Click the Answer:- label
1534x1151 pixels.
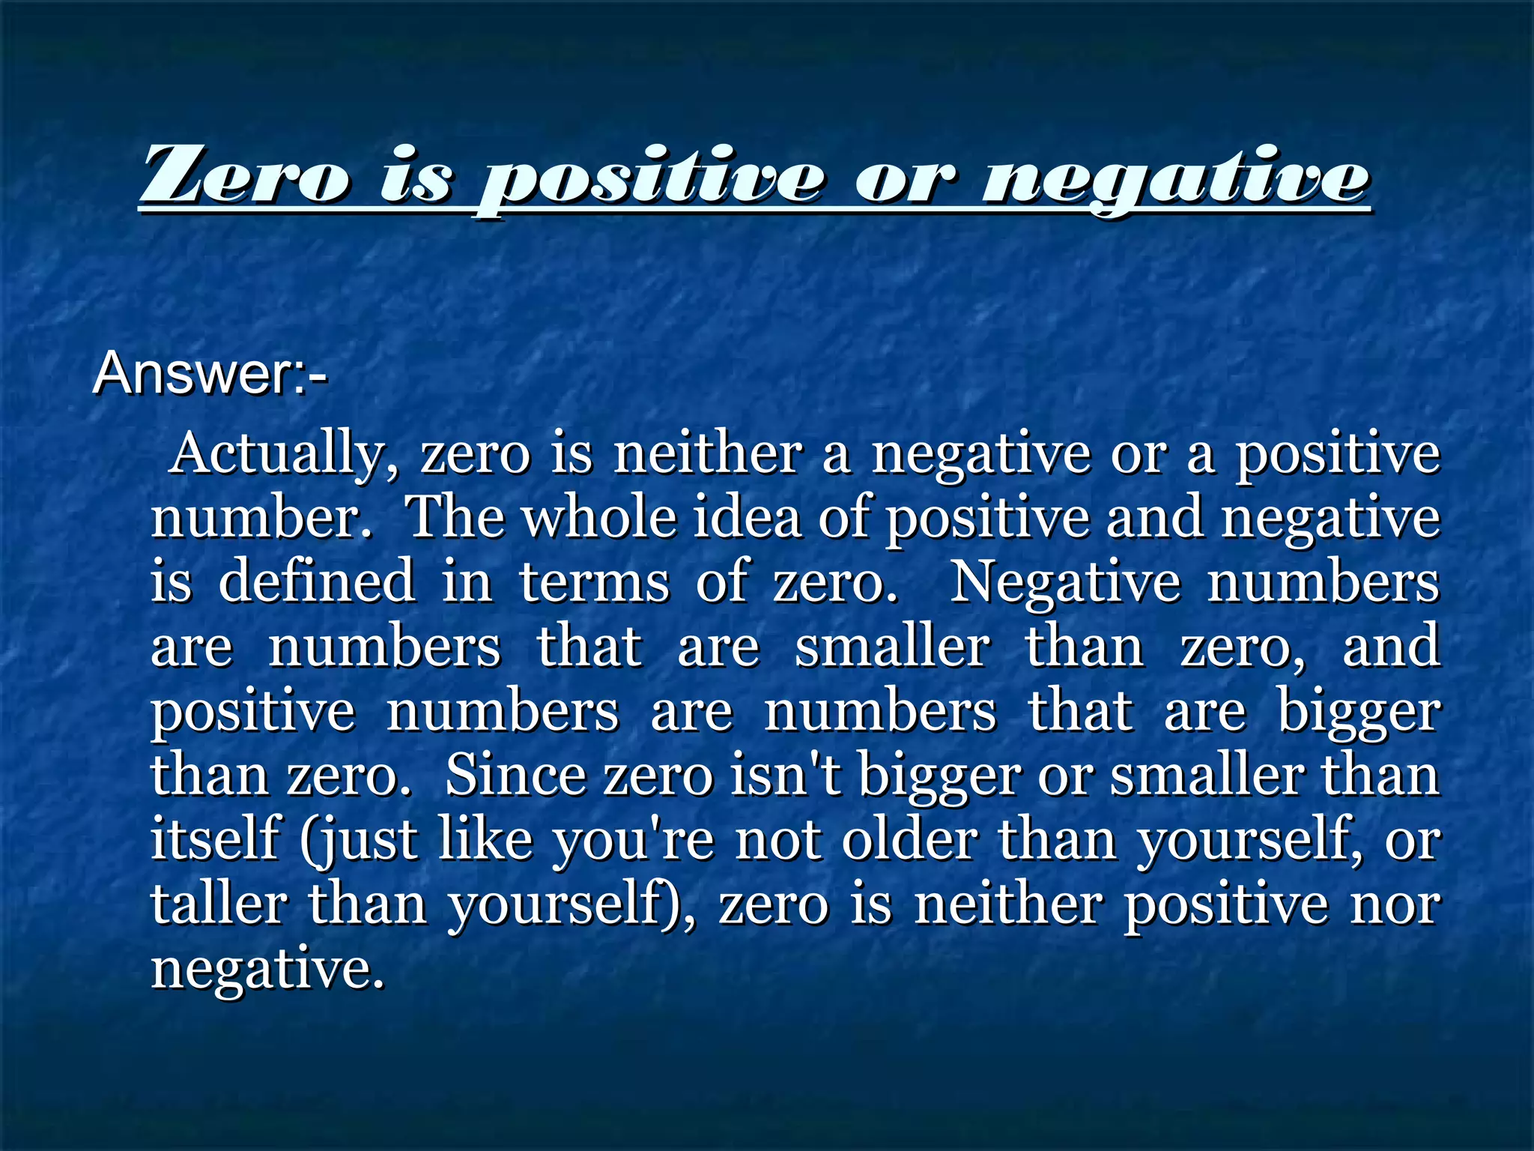(x=210, y=373)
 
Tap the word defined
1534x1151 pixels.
(x=317, y=581)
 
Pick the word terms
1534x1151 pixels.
(x=595, y=581)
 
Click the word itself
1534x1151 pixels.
(x=216, y=839)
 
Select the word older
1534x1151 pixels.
(x=909, y=839)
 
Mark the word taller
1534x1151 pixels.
(x=219, y=904)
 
